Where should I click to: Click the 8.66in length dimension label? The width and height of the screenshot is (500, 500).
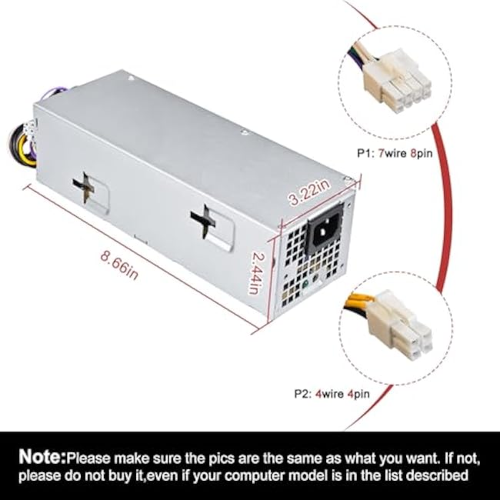pyautogui.click(x=120, y=265)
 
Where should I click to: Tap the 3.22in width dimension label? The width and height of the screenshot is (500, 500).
pyautogui.click(x=309, y=192)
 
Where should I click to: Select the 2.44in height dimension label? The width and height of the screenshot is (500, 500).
pyautogui.click(x=256, y=273)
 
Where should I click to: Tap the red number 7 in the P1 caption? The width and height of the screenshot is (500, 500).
pyautogui.click(x=381, y=154)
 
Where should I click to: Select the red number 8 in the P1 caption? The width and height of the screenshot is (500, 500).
pyautogui.click(x=414, y=154)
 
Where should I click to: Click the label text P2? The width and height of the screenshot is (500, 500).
pyautogui.click(x=303, y=394)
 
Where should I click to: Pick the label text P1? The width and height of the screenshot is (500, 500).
pyautogui.click(x=365, y=154)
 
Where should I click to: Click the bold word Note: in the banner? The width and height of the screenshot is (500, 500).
pyautogui.click(x=42, y=457)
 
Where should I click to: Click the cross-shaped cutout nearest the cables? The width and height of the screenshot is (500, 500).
pyautogui.click(x=85, y=188)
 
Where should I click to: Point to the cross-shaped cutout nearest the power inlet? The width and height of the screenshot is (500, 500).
pyautogui.click(x=203, y=221)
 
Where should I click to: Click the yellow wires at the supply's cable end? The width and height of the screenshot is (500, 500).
pyautogui.click(x=25, y=153)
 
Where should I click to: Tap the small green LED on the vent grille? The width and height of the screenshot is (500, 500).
pyautogui.click(x=306, y=283)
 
